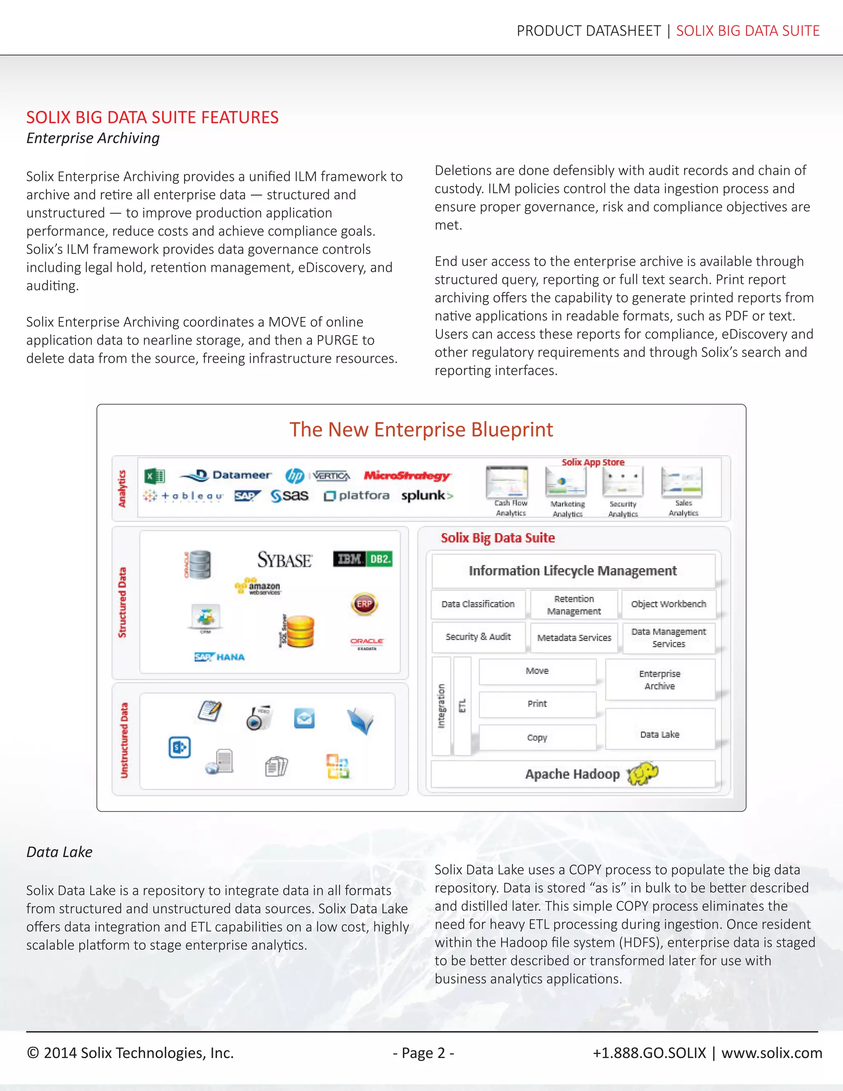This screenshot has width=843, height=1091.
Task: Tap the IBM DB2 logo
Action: click(363, 559)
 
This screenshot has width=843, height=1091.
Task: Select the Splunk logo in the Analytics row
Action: click(427, 496)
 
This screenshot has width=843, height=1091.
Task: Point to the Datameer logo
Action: click(226, 475)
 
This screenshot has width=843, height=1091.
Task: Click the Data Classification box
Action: click(478, 604)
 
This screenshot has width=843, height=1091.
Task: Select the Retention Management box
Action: click(574, 605)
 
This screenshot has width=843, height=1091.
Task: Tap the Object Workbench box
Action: click(668, 604)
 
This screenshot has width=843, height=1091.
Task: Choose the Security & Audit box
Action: click(478, 637)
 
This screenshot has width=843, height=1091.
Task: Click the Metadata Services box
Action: click(574, 637)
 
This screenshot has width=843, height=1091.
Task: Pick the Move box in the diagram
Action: click(537, 671)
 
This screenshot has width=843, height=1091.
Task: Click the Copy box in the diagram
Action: click(537, 738)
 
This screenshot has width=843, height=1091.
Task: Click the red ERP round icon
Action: click(364, 604)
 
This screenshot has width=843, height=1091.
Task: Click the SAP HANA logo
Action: click(220, 657)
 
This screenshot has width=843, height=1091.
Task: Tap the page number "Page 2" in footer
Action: click(423, 1053)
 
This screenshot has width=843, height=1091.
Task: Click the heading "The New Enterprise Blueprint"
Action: click(421, 429)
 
